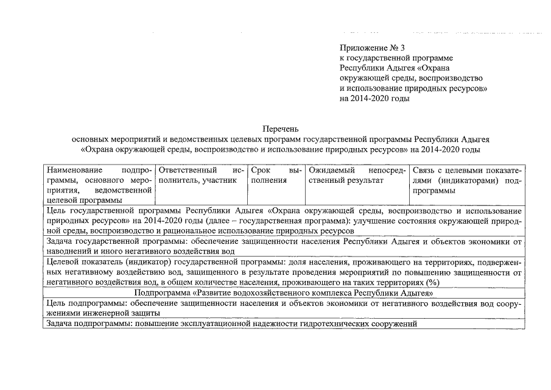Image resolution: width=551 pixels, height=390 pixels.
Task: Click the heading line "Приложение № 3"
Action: pos(372,48)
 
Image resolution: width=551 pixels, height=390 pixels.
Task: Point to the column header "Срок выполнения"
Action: pos(276,175)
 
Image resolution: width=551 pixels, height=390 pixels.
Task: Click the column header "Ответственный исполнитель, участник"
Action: pos(201,175)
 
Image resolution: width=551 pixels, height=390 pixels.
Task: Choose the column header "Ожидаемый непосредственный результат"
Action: pos(357,175)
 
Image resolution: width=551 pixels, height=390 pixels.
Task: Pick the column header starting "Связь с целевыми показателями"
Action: pos(467,181)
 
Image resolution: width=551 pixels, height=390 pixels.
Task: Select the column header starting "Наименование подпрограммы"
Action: pos(99,185)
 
